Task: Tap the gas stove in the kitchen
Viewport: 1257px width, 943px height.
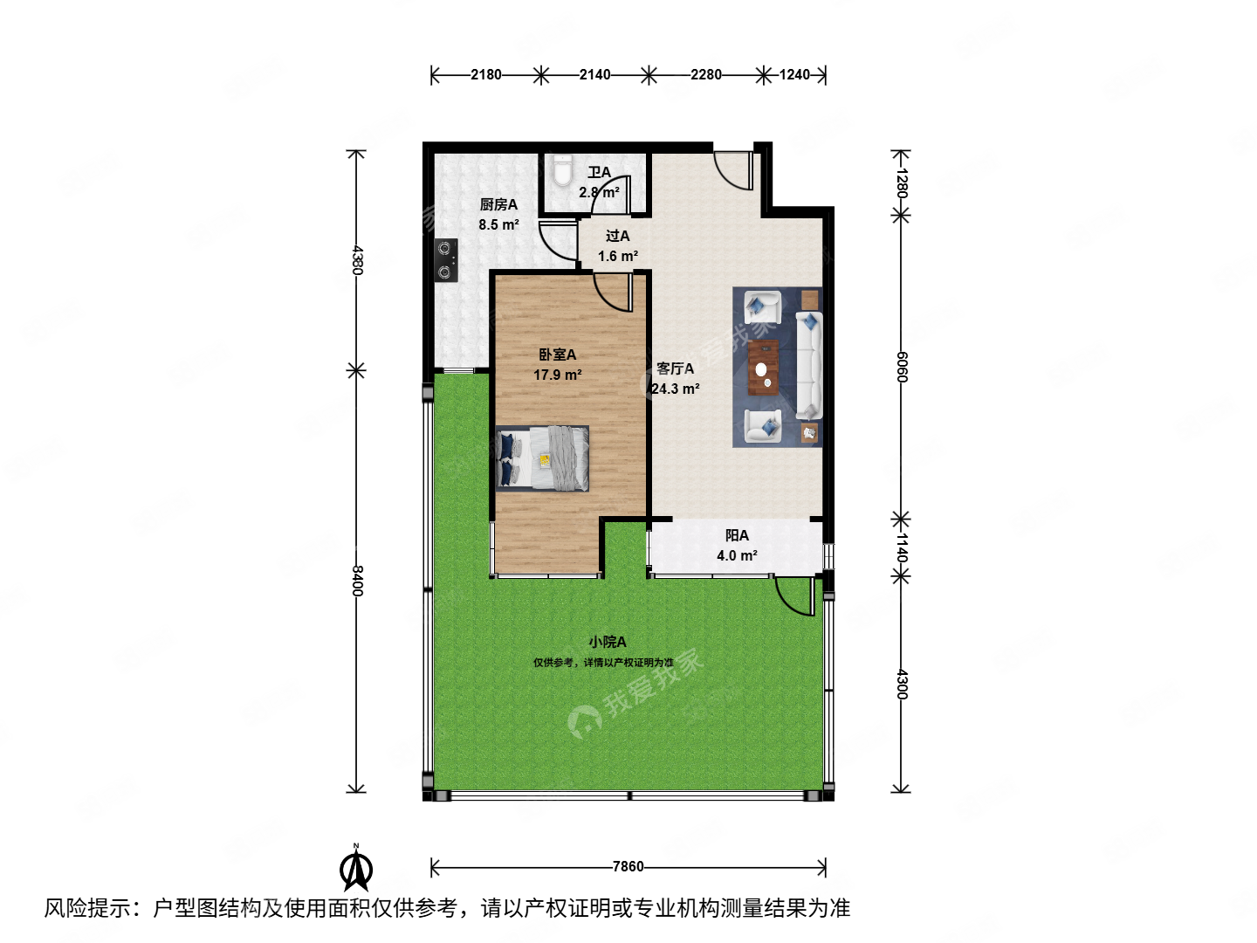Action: tap(446, 260)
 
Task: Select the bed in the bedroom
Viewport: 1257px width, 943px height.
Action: tap(542, 458)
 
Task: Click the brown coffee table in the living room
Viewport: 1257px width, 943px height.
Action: tap(763, 367)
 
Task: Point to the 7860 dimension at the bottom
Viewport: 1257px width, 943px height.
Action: tap(628, 867)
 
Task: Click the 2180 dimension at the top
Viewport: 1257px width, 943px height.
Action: tap(486, 75)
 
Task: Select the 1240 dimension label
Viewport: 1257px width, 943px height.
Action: tap(794, 75)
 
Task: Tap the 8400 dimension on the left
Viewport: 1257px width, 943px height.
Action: tap(356, 581)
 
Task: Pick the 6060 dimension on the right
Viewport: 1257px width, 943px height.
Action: tap(902, 367)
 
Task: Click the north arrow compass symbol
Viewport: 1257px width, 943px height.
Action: tap(356, 868)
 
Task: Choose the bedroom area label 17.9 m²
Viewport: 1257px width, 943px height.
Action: tap(558, 375)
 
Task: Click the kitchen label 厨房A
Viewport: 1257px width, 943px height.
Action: tap(498, 205)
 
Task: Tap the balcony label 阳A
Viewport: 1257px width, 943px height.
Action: tap(737, 536)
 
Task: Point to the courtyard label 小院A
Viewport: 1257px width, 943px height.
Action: tap(607, 643)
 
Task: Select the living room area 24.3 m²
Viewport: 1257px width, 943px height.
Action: tap(676, 389)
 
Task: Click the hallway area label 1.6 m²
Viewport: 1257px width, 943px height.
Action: tap(618, 257)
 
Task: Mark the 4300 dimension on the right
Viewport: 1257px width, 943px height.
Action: tap(902, 684)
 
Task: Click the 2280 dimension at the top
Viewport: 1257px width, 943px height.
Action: tap(706, 75)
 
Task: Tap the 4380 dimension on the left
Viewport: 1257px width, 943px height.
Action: tap(356, 260)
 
